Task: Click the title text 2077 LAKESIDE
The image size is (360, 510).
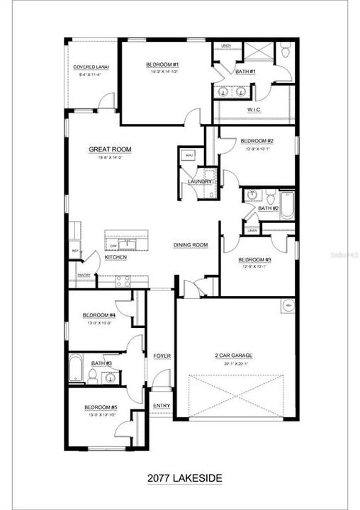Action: pyautogui.click(x=180, y=478)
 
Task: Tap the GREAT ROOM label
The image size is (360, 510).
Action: pyautogui.click(x=110, y=149)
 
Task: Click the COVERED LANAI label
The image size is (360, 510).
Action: pyautogui.click(x=89, y=67)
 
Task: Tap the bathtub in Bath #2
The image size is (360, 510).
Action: pyautogui.click(x=286, y=205)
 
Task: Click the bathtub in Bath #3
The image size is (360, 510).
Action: pyautogui.click(x=77, y=368)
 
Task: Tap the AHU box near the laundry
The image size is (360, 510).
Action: pyautogui.click(x=189, y=157)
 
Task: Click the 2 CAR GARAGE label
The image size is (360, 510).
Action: pyautogui.click(x=233, y=356)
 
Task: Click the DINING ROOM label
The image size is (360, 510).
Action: pyautogui.click(x=190, y=245)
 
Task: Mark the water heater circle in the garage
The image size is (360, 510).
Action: pyautogui.click(x=288, y=305)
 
